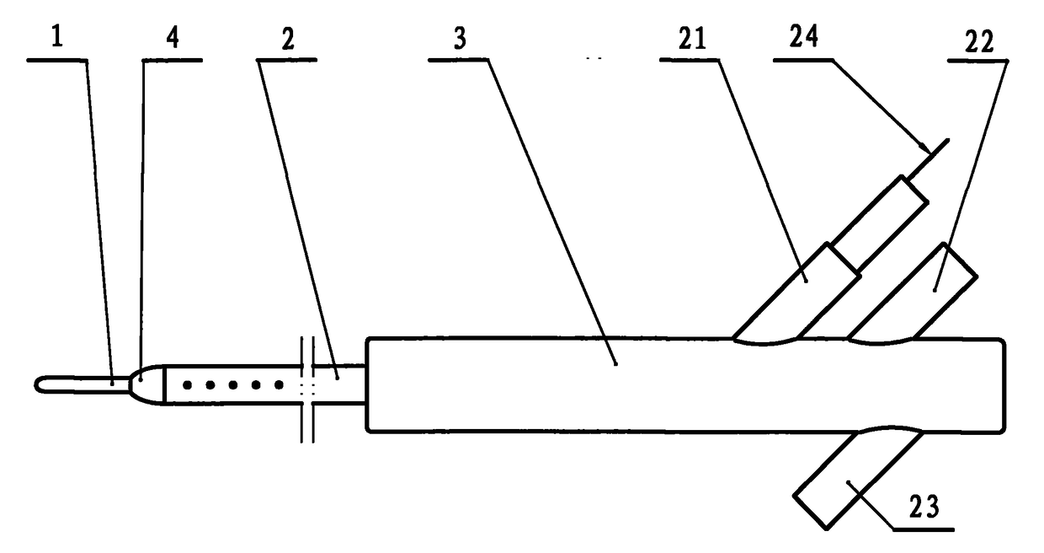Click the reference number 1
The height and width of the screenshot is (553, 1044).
coord(57,37)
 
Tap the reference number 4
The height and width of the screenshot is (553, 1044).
coord(173,37)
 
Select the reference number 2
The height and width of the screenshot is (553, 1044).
coord(288,39)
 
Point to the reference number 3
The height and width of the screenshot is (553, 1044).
coord(460,38)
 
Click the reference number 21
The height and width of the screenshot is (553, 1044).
coord(692,38)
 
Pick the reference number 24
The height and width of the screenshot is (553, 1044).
coord(804,36)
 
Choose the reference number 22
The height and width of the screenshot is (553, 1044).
coord(979,41)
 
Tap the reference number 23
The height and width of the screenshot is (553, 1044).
coord(924,507)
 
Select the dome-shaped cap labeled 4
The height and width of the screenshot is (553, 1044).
coord(148,384)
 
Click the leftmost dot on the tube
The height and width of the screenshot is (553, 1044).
coord(188,385)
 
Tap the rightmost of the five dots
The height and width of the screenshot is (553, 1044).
coord(279,385)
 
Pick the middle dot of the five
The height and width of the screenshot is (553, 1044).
coord(233,385)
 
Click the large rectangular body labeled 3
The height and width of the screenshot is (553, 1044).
coord(685,385)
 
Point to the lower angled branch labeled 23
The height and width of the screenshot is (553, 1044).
coord(859,478)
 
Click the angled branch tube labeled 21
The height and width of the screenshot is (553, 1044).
coord(797,294)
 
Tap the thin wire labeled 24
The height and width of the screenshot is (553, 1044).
coord(929,158)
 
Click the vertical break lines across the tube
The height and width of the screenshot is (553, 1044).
coord(307,389)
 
